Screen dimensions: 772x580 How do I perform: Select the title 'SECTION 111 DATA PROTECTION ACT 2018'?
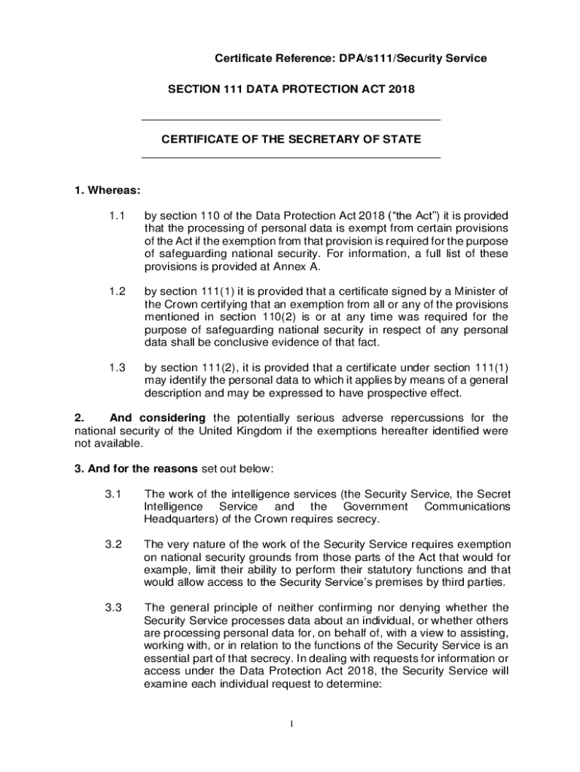point(291,90)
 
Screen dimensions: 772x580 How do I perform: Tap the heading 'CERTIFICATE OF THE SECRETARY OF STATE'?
point(291,139)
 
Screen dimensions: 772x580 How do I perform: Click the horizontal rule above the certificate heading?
point(291,120)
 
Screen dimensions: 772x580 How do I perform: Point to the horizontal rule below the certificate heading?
point(291,158)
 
